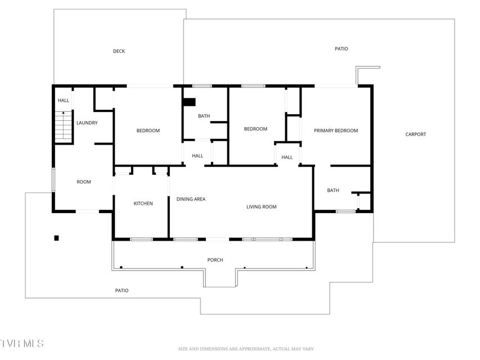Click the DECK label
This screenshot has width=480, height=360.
pyautogui.click(x=119, y=51)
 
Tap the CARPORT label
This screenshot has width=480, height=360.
pyautogui.click(x=415, y=134)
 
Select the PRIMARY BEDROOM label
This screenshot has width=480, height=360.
pyautogui.click(x=336, y=130)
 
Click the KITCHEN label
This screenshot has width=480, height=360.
pyautogui.click(x=143, y=203)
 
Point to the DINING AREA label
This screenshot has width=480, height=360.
pyautogui.click(x=191, y=199)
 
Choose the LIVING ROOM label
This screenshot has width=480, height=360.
pyautogui.click(x=262, y=206)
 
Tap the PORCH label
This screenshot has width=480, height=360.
pyautogui.click(x=215, y=260)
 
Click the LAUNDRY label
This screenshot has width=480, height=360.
pyautogui.click(x=87, y=123)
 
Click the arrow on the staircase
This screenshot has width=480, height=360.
pyautogui.click(x=64, y=125)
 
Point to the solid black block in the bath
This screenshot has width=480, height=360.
pyautogui.click(x=189, y=102)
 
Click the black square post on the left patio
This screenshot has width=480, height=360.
pyautogui.click(x=56, y=238)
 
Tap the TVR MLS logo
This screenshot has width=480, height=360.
pyautogui.click(x=22, y=343)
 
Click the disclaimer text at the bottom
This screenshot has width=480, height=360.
pyautogui.click(x=246, y=349)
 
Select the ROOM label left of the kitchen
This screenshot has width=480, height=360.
pyautogui.click(x=84, y=182)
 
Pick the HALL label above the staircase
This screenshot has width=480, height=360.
pyautogui.click(x=64, y=100)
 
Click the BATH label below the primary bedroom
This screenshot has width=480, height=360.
pyautogui.click(x=333, y=191)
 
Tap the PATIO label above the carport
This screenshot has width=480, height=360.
pyautogui.click(x=342, y=49)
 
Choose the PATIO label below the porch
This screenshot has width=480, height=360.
pyautogui.click(x=122, y=290)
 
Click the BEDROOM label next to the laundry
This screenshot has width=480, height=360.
pyautogui.click(x=148, y=130)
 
